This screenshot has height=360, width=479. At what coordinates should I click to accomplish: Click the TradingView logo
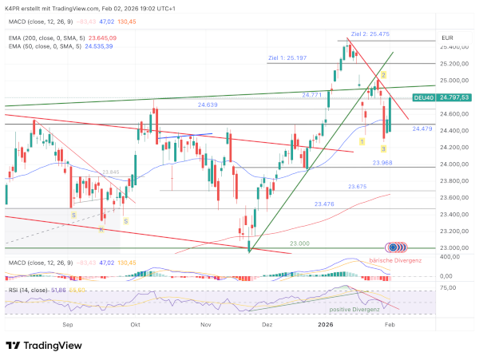[x=45, y=345]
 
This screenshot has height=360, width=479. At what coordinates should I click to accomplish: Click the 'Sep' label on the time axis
[x=68, y=326]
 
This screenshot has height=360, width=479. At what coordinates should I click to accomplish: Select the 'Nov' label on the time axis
[x=206, y=326]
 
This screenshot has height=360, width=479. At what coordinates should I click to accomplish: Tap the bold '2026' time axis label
[x=325, y=326]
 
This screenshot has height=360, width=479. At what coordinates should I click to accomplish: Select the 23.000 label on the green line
[x=299, y=243]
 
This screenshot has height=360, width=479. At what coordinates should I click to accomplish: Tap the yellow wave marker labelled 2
[x=383, y=74]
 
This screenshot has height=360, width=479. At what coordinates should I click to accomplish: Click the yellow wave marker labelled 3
[x=383, y=148]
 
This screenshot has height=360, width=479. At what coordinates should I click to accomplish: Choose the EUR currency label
[x=447, y=38]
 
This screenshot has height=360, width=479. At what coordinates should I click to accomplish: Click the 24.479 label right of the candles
[x=423, y=129]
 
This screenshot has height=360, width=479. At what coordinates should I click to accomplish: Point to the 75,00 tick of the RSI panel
[x=447, y=287]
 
